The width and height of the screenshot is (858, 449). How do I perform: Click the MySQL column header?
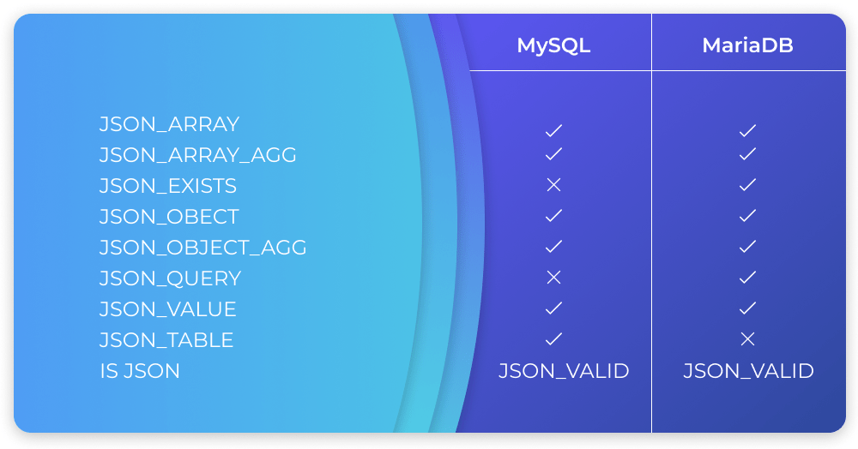(x=553, y=45)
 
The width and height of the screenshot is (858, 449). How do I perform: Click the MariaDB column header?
(x=747, y=45)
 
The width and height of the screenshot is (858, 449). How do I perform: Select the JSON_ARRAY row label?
(x=169, y=124)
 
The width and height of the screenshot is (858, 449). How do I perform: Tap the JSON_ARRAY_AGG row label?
(x=198, y=155)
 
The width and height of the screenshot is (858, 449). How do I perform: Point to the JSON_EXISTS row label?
(x=168, y=186)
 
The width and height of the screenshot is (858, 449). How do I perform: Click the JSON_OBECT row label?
(x=169, y=217)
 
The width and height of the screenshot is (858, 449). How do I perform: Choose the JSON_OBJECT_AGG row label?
(x=203, y=248)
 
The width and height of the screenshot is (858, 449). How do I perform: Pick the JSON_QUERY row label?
(x=170, y=278)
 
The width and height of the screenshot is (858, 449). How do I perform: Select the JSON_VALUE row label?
(x=168, y=309)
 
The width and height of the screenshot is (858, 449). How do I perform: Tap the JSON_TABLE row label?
(x=166, y=340)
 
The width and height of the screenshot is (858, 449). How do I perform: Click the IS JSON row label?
(x=140, y=371)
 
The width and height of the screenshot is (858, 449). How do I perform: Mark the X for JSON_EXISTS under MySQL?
(x=553, y=185)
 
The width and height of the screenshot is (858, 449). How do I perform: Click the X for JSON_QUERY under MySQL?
(x=553, y=278)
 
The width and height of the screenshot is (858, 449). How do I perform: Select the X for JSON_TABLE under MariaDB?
(x=747, y=339)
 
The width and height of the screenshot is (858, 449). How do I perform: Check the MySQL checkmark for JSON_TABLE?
(x=553, y=339)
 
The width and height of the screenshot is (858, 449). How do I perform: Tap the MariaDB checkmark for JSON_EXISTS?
(x=747, y=185)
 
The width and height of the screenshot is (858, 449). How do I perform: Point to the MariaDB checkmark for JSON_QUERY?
(x=747, y=278)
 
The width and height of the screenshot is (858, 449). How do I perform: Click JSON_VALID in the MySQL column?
(x=564, y=371)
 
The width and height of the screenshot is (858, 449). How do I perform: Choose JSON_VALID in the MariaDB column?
(x=748, y=371)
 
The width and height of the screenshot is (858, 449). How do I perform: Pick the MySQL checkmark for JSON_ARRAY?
(x=553, y=131)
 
